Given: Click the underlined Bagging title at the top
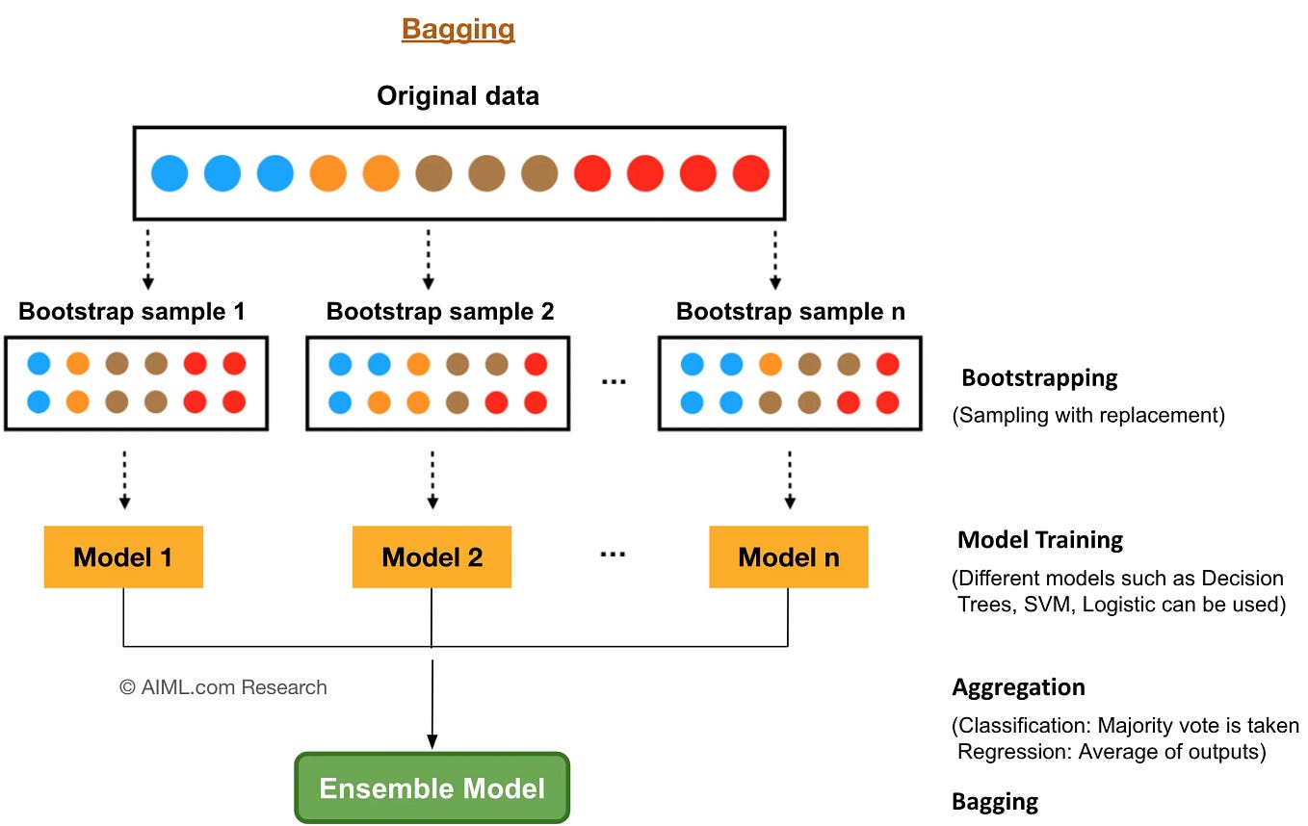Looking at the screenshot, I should [458, 29].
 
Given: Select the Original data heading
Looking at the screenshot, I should [458, 96].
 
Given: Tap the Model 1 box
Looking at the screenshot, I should [123, 556].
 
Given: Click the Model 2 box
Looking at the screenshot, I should [432, 556].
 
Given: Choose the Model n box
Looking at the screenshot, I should [788, 556].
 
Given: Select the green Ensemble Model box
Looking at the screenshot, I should [432, 788].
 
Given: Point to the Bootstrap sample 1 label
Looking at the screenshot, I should [132, 312].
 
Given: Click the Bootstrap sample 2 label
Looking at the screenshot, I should [440, 312].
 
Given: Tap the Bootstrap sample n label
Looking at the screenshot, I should [790, 312].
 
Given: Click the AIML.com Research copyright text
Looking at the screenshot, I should [222, 687].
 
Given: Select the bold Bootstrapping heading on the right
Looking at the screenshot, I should [1039, 377].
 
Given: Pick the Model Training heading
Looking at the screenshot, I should [1039, 540].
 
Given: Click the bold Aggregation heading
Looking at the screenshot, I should [1018, 687].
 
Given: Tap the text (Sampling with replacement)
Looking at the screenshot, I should [1088, 417].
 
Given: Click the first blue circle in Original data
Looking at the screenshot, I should [170, 174].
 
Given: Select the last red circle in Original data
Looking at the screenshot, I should [750, 174].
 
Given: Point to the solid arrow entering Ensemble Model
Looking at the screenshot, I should [432, 703].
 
